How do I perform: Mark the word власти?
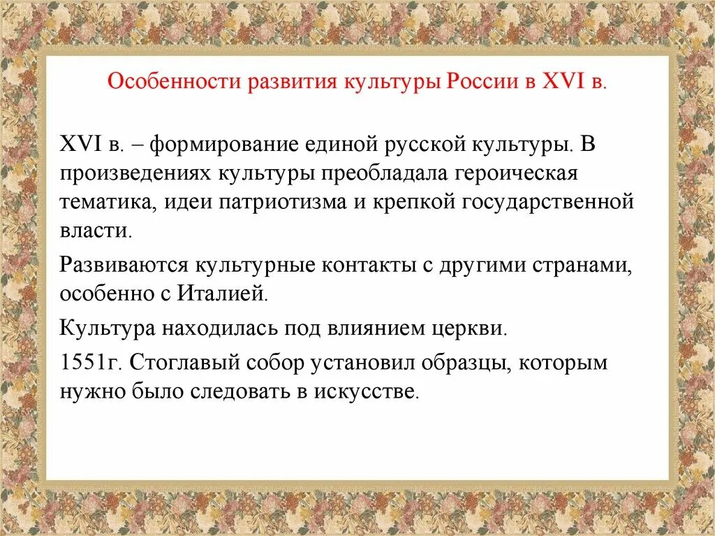click(95, 231)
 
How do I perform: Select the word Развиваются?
click(124, 265)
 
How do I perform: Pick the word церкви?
click(477, 327)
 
